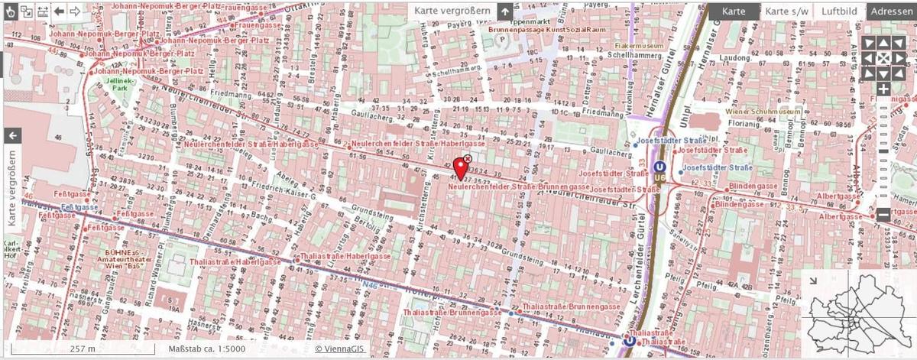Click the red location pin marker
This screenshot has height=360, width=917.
[x=461, y=167]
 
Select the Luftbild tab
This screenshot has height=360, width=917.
[x=840, y=11]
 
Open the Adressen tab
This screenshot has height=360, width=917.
[x=892, y=11]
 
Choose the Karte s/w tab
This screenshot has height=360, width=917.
[x=786, y=11]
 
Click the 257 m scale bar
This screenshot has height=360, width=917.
[x=83, y=349]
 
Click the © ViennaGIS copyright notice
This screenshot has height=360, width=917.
[x=341, y=349]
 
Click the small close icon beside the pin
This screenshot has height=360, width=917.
[x=468, y=158]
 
